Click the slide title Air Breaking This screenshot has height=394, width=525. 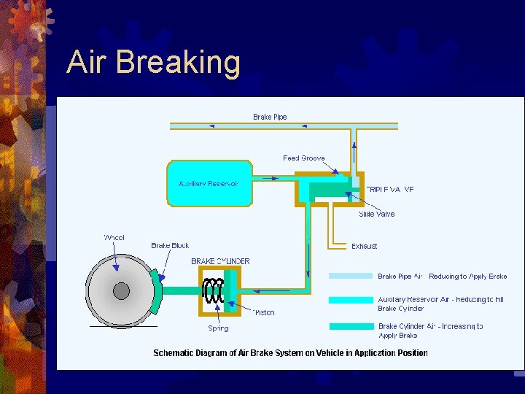(153, 63)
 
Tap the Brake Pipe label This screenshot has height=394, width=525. (270, 117)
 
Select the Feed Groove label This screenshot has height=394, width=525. (304, 158)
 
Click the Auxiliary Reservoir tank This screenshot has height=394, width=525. (209, 183)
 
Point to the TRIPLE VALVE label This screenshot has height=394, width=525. (390, 189)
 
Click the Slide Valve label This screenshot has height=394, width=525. (376, 214)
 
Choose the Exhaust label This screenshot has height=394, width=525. (365, 246)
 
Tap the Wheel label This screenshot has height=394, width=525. (114, 237)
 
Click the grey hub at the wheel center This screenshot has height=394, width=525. (121, 291)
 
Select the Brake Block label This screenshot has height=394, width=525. (170, 246)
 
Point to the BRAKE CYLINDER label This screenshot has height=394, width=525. (220, 261)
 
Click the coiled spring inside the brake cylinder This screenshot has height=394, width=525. (214, 291)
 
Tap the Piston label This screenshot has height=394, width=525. (264, 312)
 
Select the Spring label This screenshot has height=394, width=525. (218, 328)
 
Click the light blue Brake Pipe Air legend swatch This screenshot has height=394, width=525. (351, 277)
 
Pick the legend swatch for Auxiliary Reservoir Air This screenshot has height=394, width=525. (351, 300)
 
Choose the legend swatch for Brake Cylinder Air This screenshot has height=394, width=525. (351, 326)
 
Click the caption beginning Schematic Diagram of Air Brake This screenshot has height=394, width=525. (290, 353)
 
